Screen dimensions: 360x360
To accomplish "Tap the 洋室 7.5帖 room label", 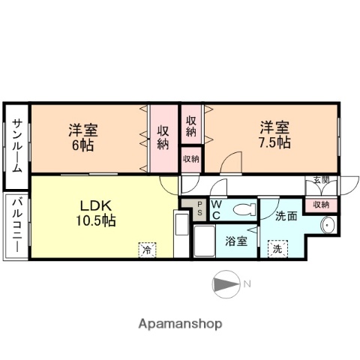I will pyautogui.click(x=275, y=134).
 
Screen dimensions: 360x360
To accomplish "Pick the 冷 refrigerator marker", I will pyautogui.click(x=147, y=250).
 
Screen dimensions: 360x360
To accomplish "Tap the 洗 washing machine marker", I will pyautogui.click(x=277, y=248).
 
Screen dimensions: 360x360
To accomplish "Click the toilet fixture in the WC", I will pyautogui.click(x=241, y=211).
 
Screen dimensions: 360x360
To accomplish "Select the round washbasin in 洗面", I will pyautogui.click(x=327, y=226).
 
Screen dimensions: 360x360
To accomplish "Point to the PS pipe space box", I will pyautogui.click(x=199, y=211).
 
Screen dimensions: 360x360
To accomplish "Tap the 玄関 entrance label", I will pyautogui.click(x=321, y=180).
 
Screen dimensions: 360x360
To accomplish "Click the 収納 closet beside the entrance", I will pyautogui.click(x=321, y=204).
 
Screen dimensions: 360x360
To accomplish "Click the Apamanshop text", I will pyautogui.click(x=180, y=325).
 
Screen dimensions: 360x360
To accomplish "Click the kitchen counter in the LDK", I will pyautogui.click(x=181, y=235).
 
